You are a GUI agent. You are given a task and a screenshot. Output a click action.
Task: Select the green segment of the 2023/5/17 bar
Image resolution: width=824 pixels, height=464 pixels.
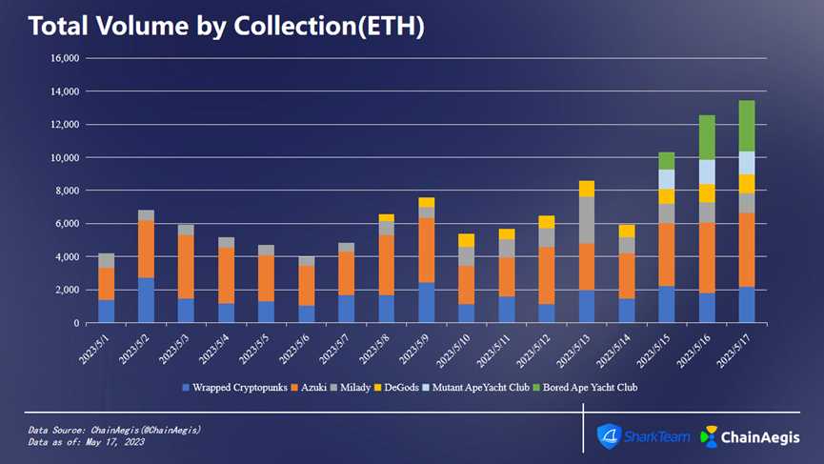748,126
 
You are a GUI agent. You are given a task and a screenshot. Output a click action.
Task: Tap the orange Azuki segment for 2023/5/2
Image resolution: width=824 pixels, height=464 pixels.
146,249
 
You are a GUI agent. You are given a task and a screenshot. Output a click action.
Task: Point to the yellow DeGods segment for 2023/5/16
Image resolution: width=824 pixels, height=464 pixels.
706,192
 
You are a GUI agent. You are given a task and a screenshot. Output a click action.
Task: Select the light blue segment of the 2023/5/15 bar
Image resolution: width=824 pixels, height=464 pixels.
667,179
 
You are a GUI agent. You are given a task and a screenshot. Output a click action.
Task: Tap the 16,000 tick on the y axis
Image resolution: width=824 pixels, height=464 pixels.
66,58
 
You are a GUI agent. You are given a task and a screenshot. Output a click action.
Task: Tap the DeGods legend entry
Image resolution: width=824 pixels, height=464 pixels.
403,388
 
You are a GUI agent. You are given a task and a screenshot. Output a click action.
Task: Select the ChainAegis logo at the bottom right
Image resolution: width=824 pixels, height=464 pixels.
747,436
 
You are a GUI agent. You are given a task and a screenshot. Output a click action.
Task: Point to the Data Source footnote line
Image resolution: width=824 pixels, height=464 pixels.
114,431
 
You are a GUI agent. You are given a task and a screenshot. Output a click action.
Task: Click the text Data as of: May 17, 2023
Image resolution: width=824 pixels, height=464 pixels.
87,442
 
